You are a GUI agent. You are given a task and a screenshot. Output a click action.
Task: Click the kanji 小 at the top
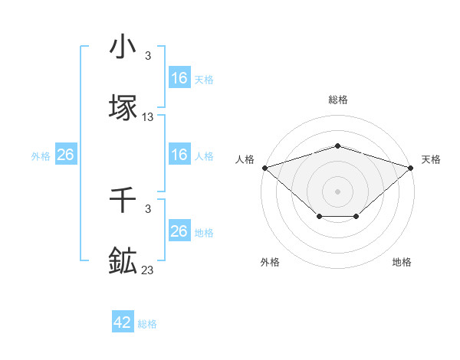pyautogui.click(x=123, y=47)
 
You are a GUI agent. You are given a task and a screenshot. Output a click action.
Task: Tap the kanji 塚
pyautogui.click(x=123, y=107)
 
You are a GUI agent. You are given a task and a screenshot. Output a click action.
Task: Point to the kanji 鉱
pyautogui.click(x=123, y=260)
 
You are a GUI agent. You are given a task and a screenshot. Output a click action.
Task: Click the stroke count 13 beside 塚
pyautogui.click(x=148, y=117)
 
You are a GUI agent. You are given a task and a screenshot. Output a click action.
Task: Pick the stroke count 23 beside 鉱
pyautogui.click(x=148, y=270)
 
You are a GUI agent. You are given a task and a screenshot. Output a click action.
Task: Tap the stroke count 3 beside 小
pyautogui.click(x=148, y=56)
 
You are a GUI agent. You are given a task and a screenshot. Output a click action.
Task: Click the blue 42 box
pyautogui.click(x=123, y=322)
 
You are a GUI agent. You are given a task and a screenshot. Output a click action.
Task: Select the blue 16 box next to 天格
pyautogui.click(x=179, y=78)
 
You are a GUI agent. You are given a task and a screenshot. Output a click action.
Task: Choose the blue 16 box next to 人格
pyautogui.click(x=179, y=155)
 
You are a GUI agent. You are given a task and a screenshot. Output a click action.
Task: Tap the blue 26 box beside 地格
pyautogui.click(x=179, y=231)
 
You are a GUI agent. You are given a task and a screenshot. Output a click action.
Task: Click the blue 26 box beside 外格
pyautogui.click(x=65, y=155)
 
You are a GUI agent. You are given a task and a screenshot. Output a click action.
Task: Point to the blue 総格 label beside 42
pyautogui.click(x=147, y=324)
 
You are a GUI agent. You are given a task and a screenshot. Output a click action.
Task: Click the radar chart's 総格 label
pyautogui.click(x=337, y=100)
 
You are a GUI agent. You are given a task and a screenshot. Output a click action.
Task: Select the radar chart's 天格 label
pyautogui.click(x=431, y=159)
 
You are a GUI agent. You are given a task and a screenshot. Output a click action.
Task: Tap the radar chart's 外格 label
pyautogui.click(x=270, y=262)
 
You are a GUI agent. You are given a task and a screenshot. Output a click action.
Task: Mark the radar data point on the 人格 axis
pyautogui.click(x=264, y=167)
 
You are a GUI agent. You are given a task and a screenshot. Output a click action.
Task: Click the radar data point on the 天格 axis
pyautogui.click(x=411, y=167)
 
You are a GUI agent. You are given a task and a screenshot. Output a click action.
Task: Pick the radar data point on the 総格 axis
pyautogui.click(x=337, y=146)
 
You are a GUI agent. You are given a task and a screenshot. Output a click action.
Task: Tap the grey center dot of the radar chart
pyautogui.click(x=337, y=191)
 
